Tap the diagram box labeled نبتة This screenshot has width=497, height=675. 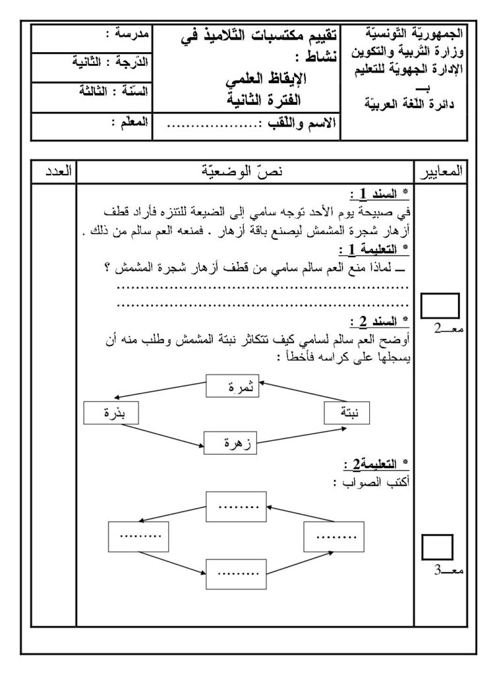tap(347, 413)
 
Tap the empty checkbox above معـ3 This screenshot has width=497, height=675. tap(436, 548)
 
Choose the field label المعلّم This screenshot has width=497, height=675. tap(129, 122)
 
